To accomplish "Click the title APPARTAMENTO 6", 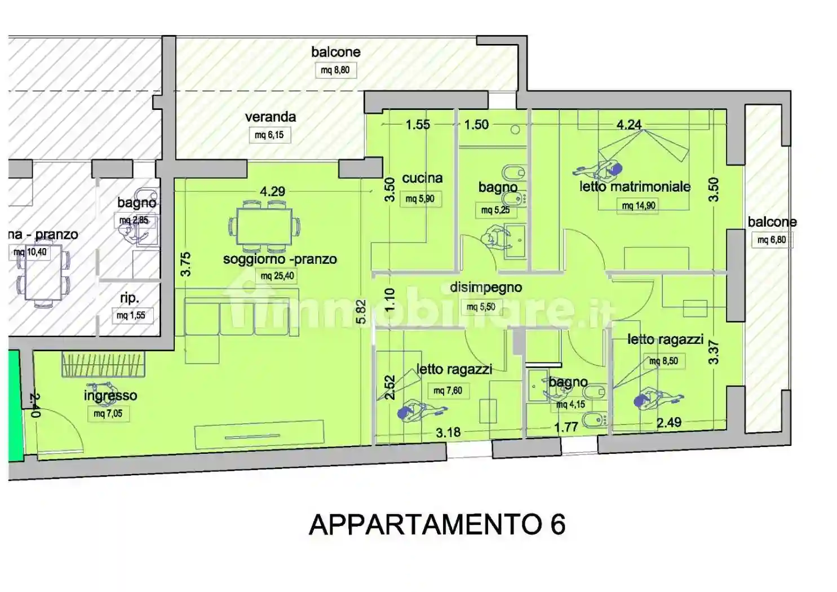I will coord(437,525).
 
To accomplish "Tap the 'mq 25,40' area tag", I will coord(278,276).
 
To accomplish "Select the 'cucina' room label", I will coord(422,178).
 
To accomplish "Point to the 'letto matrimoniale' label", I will coord(635,187).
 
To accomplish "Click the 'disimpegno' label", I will coord(485,288).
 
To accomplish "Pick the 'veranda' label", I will coord(270,117).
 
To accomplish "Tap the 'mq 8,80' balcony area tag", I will coord(335,70).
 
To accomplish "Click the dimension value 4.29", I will coord(272,192).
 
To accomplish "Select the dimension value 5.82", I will coord(361,311).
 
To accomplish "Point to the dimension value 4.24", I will coord(629,125).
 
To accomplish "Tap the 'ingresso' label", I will coord(110,396).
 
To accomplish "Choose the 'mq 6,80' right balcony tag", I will coord(772,240).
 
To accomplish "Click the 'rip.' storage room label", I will coord(129,298).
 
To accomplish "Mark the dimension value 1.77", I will coord(566,427).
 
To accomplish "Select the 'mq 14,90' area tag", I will coord(639,206).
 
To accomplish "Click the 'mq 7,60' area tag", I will coord(448,391).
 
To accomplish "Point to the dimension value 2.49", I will coord(669,422).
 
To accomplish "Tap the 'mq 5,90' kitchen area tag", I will coord(420,198).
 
